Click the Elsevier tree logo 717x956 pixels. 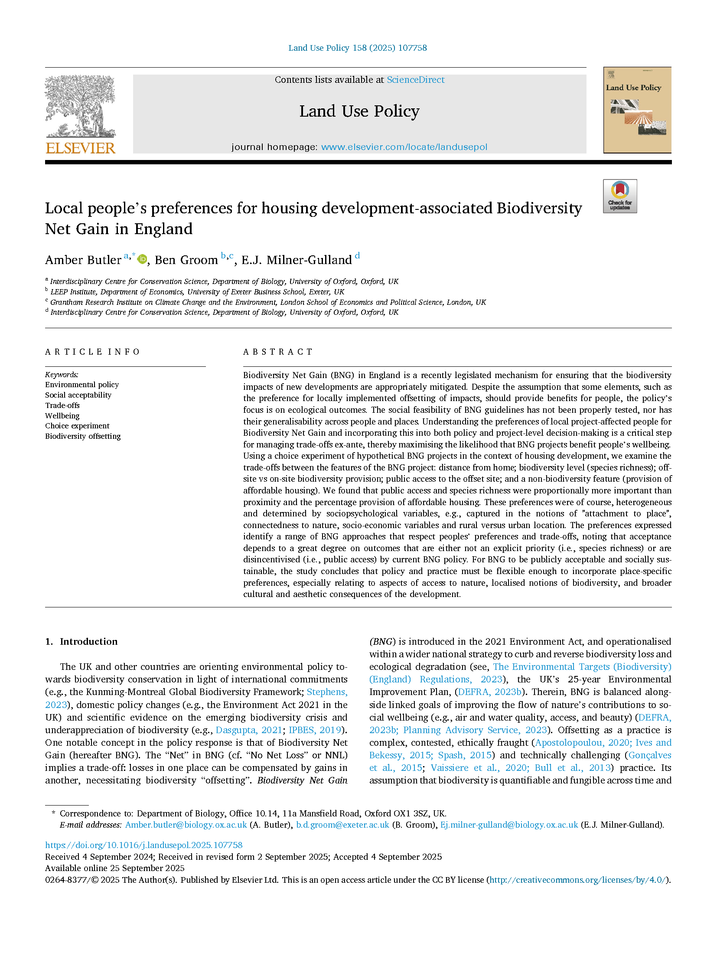(x=80, y=106)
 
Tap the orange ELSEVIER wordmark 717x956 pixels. (x=81, y=148)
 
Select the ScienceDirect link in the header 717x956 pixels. (x=415, y=80)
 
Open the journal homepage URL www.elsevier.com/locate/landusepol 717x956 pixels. (x=404, y=147)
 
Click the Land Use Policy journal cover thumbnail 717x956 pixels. (x=637, y=110)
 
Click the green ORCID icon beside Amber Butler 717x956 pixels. (x=142, y=259)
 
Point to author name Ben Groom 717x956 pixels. (x=186, y=260)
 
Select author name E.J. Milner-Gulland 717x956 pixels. (x=297, y=260)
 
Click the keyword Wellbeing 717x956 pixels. (x=62, y=416)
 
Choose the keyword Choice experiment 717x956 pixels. (x=77, y=426)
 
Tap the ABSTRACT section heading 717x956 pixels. (x=277, y=352)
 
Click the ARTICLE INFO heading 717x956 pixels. (x=92, y=352)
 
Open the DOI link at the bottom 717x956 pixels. (x=143, y=845)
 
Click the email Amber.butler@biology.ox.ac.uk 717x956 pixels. (x=186, y=825)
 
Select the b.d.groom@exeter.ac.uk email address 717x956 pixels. (x=342, y=825)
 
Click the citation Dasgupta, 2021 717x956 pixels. (x=249, y=730)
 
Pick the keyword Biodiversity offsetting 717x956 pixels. (x=83, y=436)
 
